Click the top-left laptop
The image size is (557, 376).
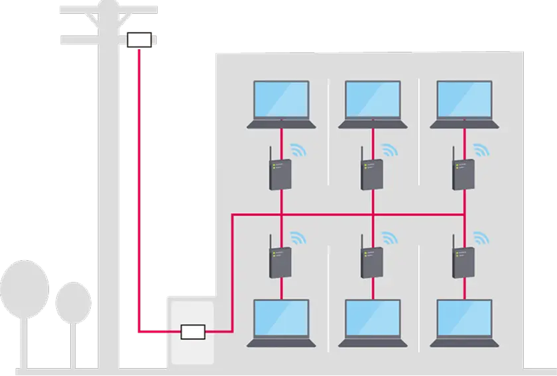(282, 103)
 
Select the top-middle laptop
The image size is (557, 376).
(373, 103)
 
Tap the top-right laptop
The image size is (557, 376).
(464, 103)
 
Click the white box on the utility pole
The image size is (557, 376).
(140, 40)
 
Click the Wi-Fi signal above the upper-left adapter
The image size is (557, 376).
(296, 148)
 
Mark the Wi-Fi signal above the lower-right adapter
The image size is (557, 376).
(479, 237)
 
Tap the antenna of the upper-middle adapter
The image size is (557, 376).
(362, 155)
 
